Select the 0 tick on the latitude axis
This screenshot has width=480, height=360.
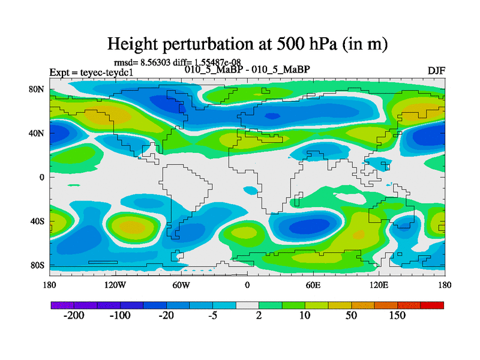click(x=43, y=177)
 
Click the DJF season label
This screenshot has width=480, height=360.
click(x=437, y=70)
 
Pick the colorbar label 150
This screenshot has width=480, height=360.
click(x=398, y=316)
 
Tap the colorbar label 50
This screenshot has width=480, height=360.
click(x=352, y=316)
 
